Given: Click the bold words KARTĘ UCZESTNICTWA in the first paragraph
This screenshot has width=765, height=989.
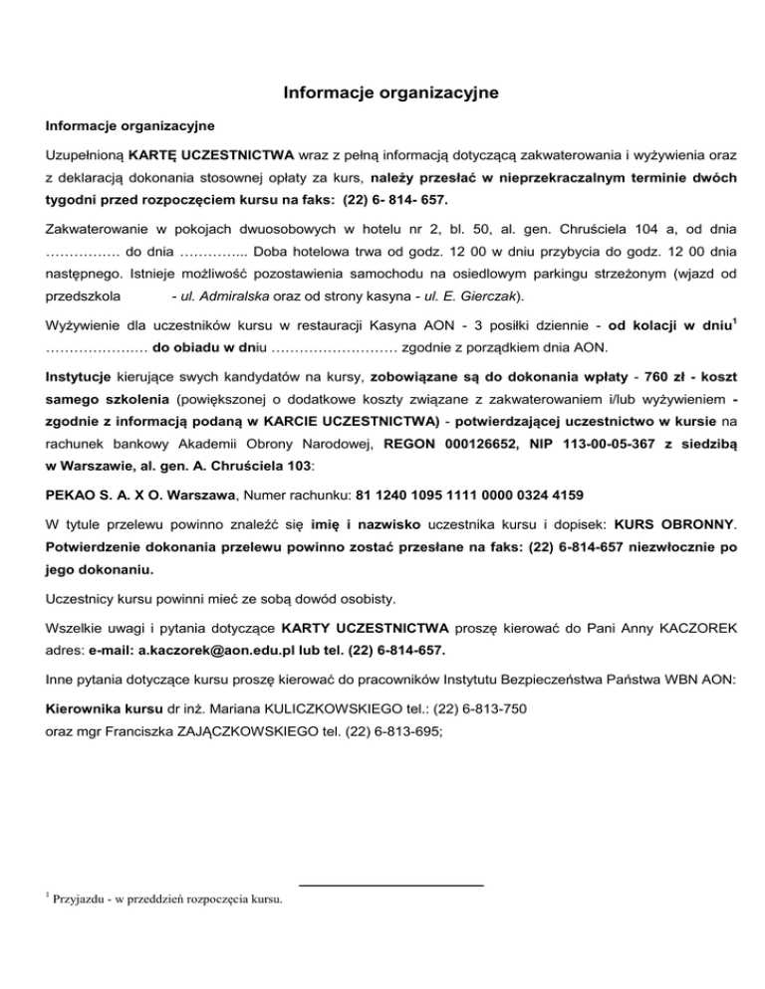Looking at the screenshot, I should coord(210,155).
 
